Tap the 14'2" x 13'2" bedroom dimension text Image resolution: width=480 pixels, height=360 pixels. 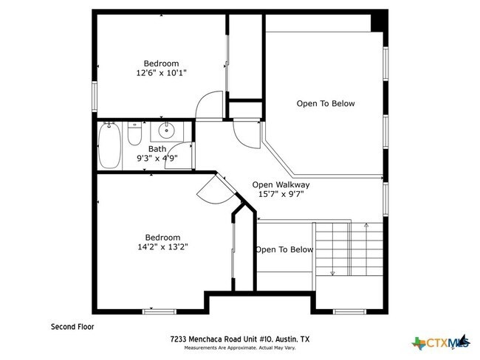(x=161, y=247)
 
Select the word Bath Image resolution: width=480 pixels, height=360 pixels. (x=157, y=148)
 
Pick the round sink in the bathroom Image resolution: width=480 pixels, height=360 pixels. (x=167, y=132)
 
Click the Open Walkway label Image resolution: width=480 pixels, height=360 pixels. (x=281, y=184)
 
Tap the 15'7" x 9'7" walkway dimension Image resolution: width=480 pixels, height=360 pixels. (x=281, y=195)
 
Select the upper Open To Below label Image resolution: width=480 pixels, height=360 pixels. (x=325, y=103)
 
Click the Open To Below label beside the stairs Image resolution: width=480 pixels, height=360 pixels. (x=284, y=249)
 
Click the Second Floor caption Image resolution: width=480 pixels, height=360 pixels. (x=72, y=325)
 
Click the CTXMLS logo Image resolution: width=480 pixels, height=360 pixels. (x=442, y=342)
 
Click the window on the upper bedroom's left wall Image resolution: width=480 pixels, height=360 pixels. (x=95, y=96)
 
